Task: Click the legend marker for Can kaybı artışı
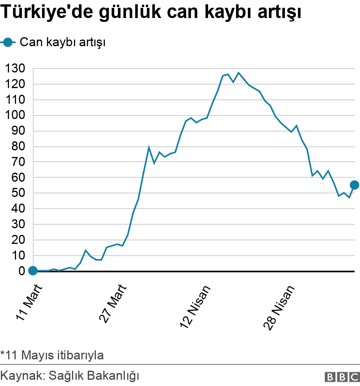point(7,42)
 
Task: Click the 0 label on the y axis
point(22,271)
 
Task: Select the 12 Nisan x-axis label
point(196,306)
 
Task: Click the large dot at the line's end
point(355,185)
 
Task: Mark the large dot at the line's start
point(33,271)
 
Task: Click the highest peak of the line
point(239,73)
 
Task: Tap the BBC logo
point(342,377)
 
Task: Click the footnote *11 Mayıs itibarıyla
point(52,355)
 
